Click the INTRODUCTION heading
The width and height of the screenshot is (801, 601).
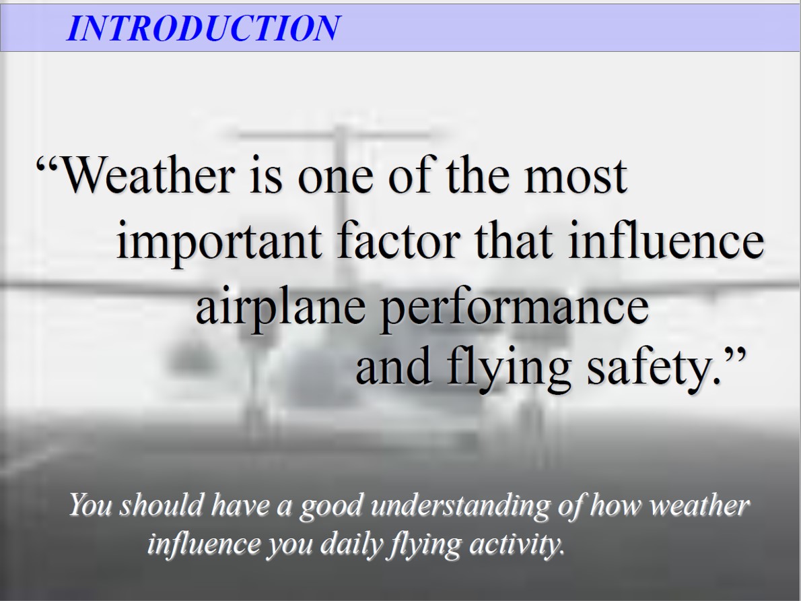pyautogui.click(x=203, y=28)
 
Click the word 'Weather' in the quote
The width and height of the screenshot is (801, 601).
pyautogui.click(x=148, y=175)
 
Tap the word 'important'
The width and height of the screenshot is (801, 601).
pyautogui.click(x=219, y=241)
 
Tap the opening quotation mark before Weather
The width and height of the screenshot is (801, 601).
pyautogui.click(x=48, y=165)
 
